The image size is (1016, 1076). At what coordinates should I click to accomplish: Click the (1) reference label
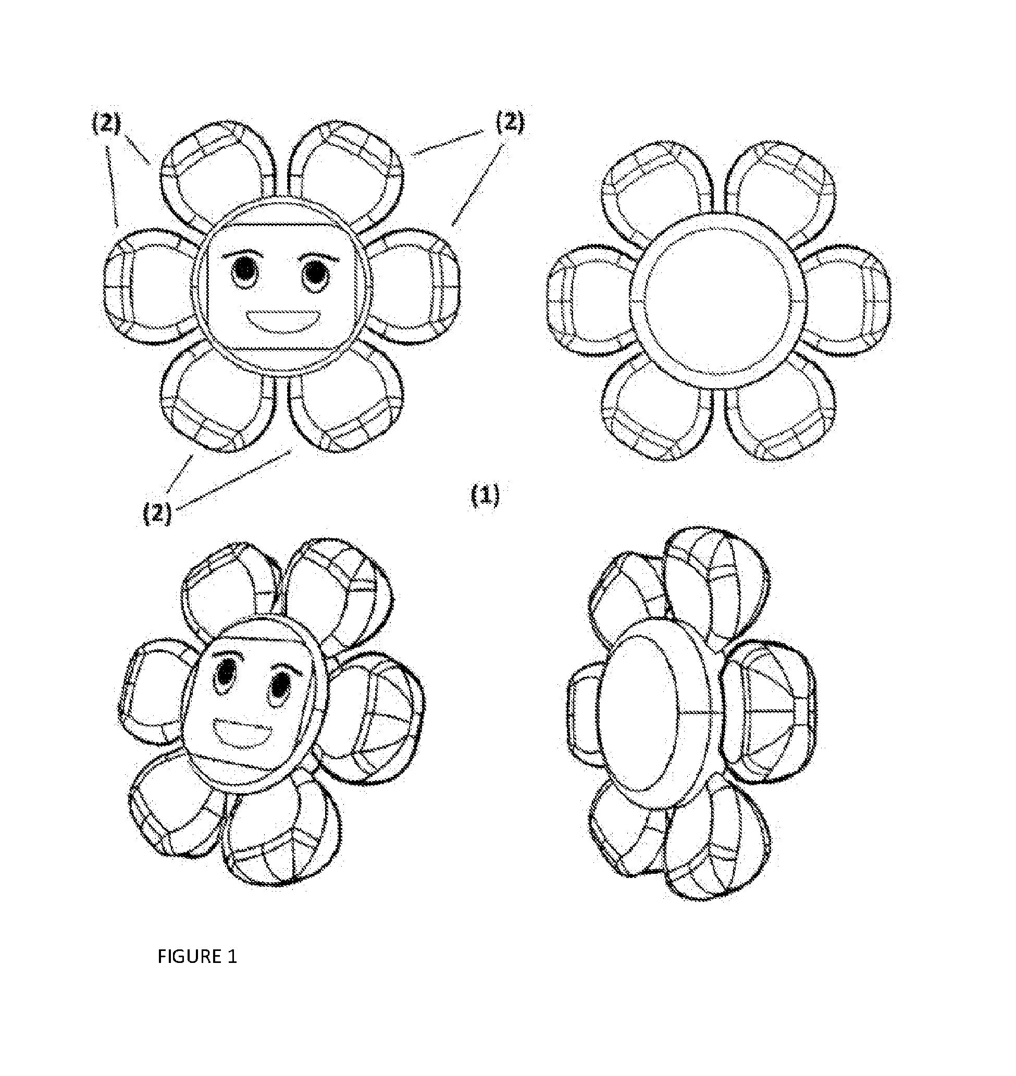click(x=485, y=495)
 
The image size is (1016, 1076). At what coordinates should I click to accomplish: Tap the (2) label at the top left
click(x=106, y=123)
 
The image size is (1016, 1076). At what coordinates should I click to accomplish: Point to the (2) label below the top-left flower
click(x=157, y=512)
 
